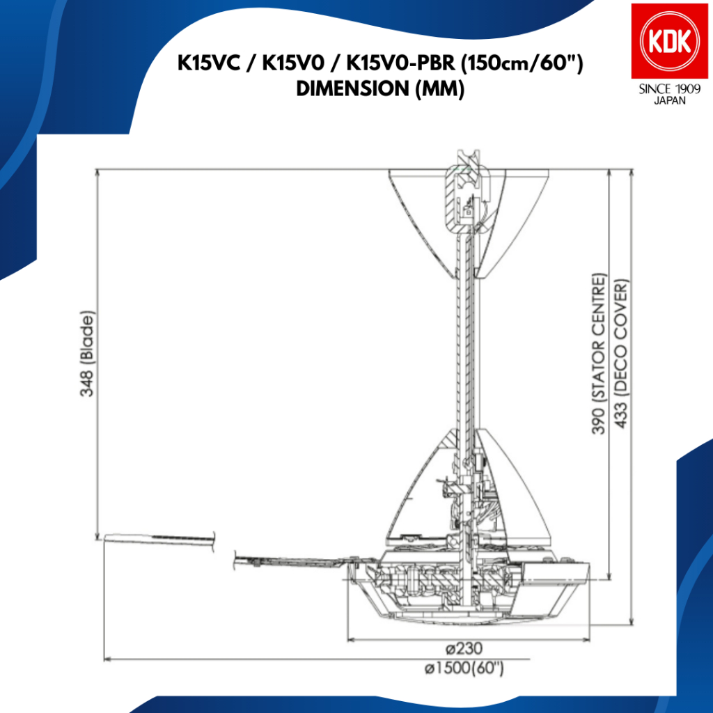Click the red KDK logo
click(669, 41)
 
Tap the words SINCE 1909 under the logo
click(669, 89)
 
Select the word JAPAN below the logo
click(669, 101)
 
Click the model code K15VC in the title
click(209, 63)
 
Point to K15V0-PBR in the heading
click(400, 63)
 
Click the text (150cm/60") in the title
click(522, 63)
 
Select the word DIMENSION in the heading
click(353, 88)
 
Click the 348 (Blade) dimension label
click(87, 353)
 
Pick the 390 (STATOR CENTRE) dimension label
click(600, 353)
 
